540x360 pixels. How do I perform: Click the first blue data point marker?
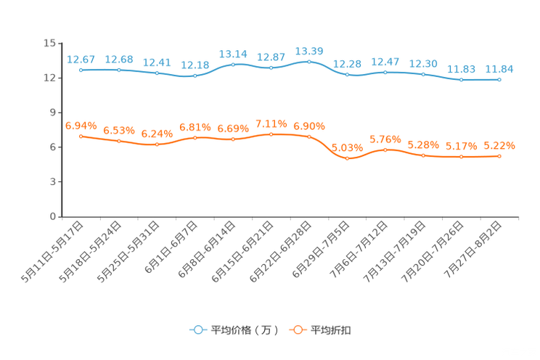(81, 70)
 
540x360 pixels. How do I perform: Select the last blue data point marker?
(499, 79)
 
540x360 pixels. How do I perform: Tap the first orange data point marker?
(81, 136)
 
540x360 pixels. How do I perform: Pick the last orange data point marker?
(499, 156)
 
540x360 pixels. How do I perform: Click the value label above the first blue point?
(81, 59)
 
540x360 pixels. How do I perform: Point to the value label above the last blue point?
(499, 69)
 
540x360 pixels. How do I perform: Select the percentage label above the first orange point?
(81, 125)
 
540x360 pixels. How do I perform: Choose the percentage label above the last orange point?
(499, 146)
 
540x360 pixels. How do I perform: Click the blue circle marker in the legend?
(197, 330)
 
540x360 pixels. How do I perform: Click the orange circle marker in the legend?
(297, 330)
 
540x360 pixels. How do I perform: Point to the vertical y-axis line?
(61, 131)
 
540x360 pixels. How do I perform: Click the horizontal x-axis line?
(290, 216)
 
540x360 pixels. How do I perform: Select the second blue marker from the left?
(118, 70)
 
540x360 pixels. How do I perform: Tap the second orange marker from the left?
(118, 141)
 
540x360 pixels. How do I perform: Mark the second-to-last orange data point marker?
(461, 156)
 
